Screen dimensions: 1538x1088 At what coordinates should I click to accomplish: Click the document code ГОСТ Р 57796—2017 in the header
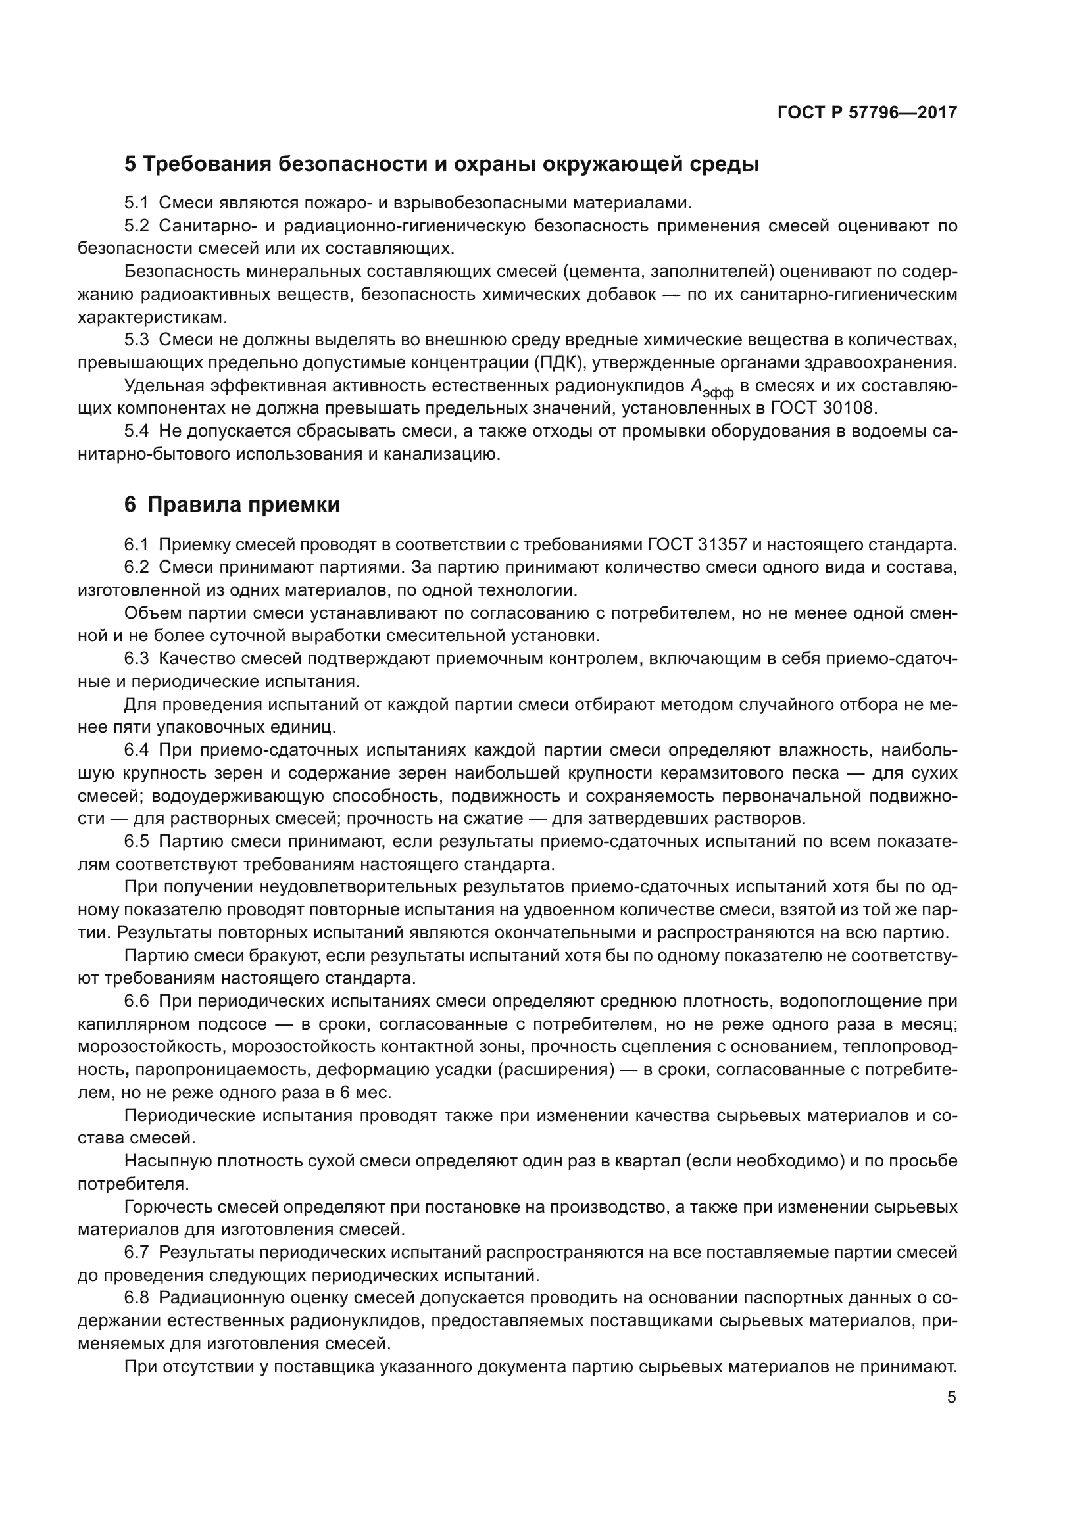coord(867,112)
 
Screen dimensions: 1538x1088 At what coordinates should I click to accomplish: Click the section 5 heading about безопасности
coord(441,164)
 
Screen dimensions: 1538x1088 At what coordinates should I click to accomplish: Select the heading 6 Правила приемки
coord(232,504)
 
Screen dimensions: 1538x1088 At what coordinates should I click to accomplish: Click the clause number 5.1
coord(137,203)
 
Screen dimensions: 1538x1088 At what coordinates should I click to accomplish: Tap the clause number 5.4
coord(137,431)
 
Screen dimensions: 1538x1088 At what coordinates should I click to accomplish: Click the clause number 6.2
coord(137,567)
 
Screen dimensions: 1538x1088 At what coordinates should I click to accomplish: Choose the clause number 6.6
coord(137,1001)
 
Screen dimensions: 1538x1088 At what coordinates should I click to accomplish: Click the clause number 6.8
coord(137,1297)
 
